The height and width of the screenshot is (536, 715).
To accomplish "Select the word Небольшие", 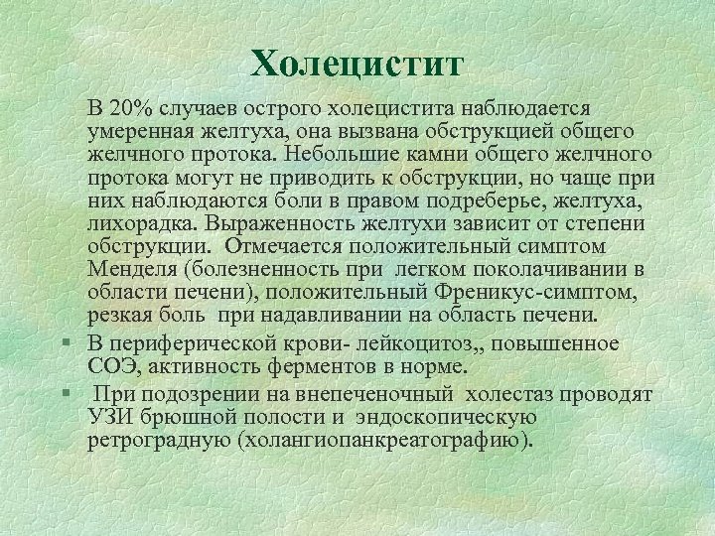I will (334, 154).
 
